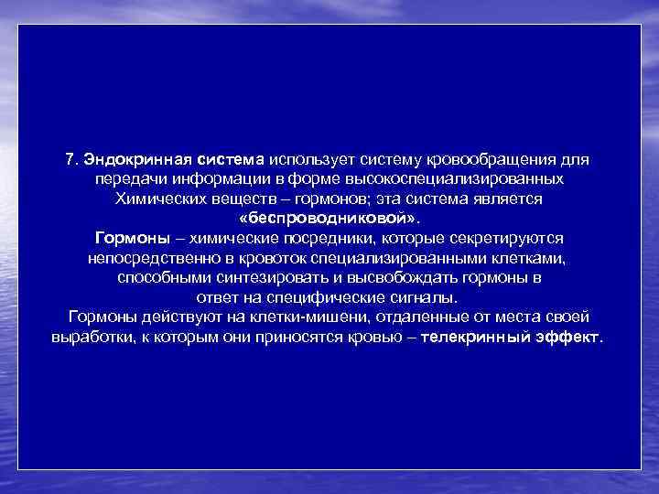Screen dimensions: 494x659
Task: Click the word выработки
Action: [x=91, y=337]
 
